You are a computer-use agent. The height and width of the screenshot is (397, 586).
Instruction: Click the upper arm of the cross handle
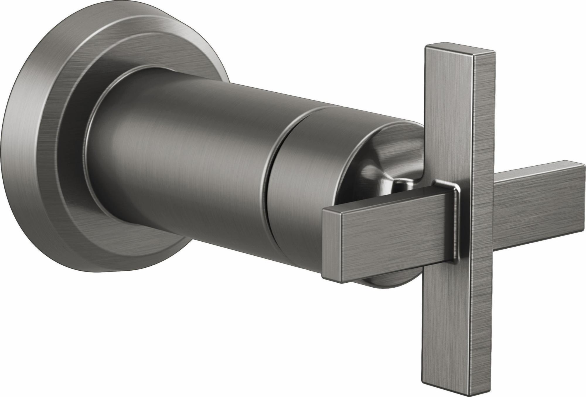[x=448, y=117]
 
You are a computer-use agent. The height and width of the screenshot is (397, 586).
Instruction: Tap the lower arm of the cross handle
[x=448, y=308]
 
